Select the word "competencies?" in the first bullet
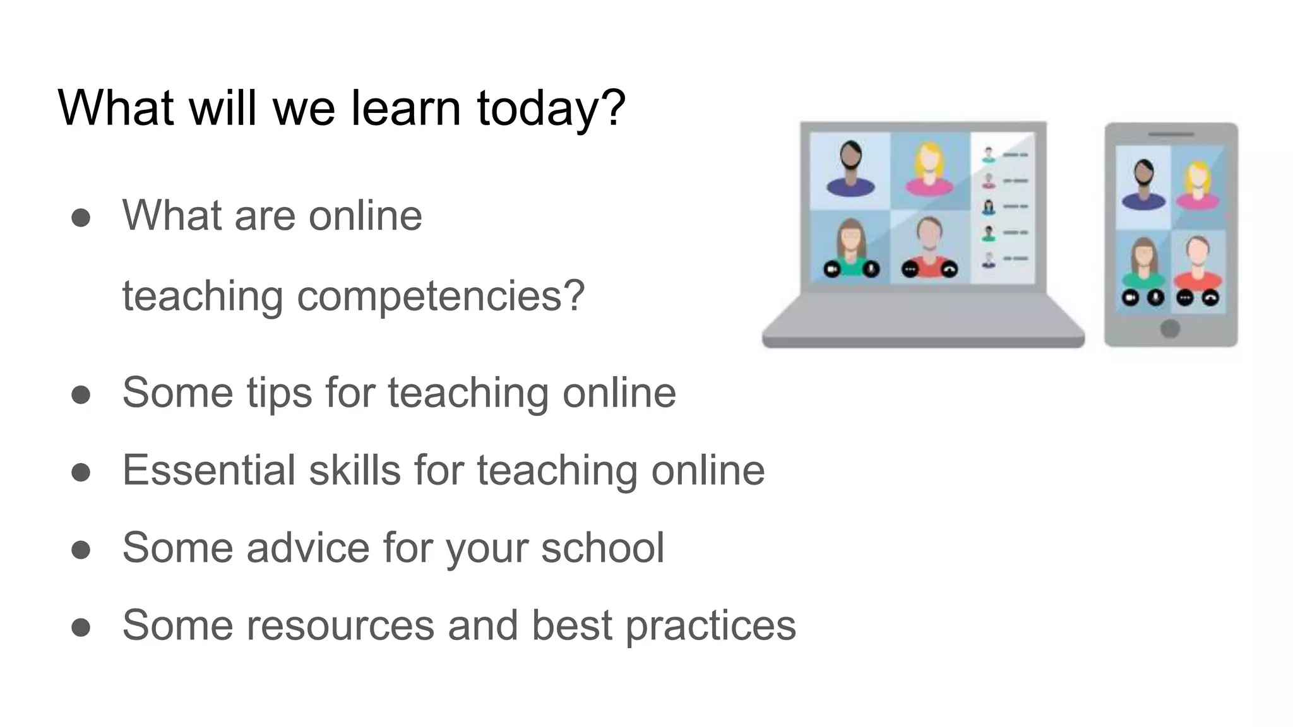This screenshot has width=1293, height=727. pos(441,295)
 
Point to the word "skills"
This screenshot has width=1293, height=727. pos(354,470)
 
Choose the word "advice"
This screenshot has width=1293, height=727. pos(307,547)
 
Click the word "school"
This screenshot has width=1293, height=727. pos(602,547)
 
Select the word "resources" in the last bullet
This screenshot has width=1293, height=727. pos(340,625)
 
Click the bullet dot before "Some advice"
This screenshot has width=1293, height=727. pos(81,549)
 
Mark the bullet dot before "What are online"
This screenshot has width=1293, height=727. pos(81,218)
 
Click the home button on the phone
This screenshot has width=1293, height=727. pos(1170,328)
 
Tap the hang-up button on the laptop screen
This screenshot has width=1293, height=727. pos(949,270)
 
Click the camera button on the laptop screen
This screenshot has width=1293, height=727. pos(832,270)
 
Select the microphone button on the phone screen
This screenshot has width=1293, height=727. pos(1155,297)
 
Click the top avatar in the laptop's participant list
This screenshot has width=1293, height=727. pos(989,153)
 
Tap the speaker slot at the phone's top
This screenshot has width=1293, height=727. pos(1171,134)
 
